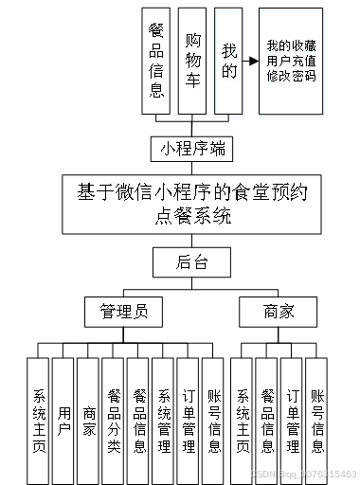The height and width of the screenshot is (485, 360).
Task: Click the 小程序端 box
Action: pos(192,149)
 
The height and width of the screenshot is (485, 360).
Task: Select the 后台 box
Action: pos(192,262)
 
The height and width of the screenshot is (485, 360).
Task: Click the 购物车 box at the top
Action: pos(193,61)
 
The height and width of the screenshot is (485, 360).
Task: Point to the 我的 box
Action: pos(227,61)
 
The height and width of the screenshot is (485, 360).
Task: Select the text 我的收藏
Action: pos(291,45)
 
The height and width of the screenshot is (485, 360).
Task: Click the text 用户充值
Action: pos(291,60)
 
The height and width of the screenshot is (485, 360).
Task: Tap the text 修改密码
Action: pos(291,75)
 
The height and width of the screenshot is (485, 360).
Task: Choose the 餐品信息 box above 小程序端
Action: pos(157,61)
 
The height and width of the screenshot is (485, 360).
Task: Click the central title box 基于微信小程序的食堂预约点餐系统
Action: pos(192,203)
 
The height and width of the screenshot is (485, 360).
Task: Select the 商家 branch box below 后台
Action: pos(265,311)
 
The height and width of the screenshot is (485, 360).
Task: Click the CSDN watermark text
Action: pos(305,473)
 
